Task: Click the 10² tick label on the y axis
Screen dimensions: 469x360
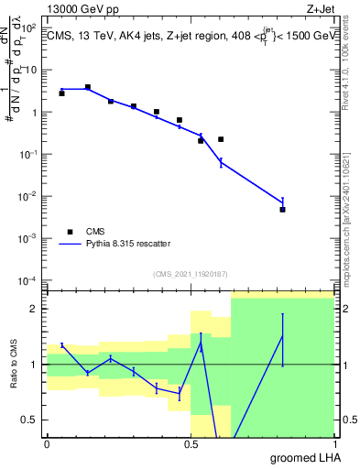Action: point(31,27)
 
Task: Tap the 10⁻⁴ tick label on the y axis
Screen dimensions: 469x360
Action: point(29,279)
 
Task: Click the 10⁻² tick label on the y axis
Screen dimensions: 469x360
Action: point(29,196)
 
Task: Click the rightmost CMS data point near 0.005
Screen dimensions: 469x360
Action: point(283,210)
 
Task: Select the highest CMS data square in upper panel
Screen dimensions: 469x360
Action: point(88,87)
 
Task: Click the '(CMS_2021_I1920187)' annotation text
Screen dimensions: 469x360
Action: point(190,273)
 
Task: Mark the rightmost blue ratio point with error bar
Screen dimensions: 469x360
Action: point(283,336)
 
